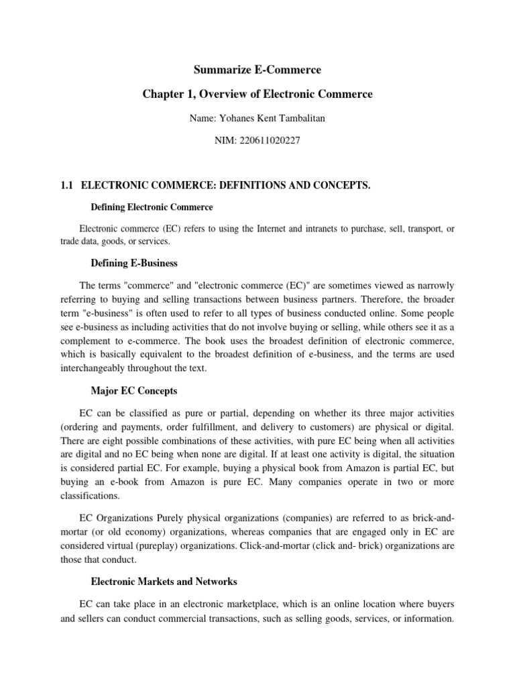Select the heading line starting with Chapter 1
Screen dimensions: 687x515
tap(257, 95)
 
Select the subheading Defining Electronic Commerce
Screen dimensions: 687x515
tap(152, 207)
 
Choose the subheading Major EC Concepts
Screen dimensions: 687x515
tap(133, 390)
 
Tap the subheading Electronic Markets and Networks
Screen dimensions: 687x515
tap(164, 582)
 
